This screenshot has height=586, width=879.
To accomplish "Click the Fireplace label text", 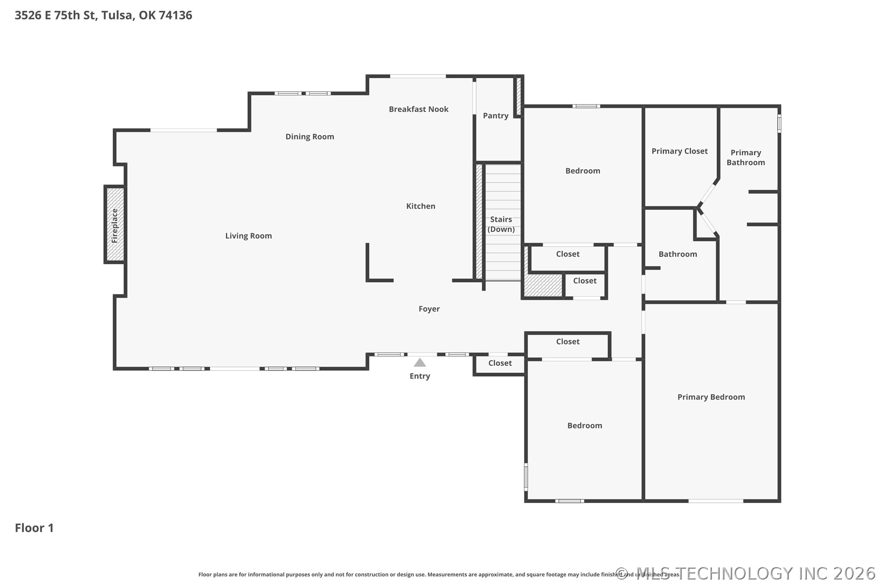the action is (x=115, y=226).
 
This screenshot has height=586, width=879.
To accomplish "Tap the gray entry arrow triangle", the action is (x=420, y=362).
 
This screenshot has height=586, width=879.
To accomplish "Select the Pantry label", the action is (x=496, y=116).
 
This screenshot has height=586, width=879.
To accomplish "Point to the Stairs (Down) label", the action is (x=501, y=224).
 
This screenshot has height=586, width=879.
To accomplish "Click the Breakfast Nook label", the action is (x=418, y=109).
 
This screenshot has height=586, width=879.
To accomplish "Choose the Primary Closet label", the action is (x=680, y=151).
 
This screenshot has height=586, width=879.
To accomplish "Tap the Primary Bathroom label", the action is (x=746, y=158).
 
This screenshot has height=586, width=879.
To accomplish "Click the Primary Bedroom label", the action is (x=711, y=397).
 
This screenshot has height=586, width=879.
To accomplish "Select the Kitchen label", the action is (x=421, y=206).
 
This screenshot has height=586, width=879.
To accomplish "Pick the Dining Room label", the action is (x=310, y=137).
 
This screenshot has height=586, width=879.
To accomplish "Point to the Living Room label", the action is (x=248, y=236).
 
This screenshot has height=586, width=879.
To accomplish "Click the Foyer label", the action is (x=429, y=309).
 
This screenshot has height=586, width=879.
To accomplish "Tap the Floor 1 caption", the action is (x=34, y=528).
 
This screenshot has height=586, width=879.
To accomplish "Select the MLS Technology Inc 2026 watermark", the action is (x=746, y=573).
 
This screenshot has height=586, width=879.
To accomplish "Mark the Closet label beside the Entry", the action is (x=500, y=363).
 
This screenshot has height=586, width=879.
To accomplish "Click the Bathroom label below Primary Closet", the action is (x=677, y=254).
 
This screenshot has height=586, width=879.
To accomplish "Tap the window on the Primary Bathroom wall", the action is (x=779, y=123).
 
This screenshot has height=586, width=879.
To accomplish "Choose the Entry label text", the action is (x=420, y=376).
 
